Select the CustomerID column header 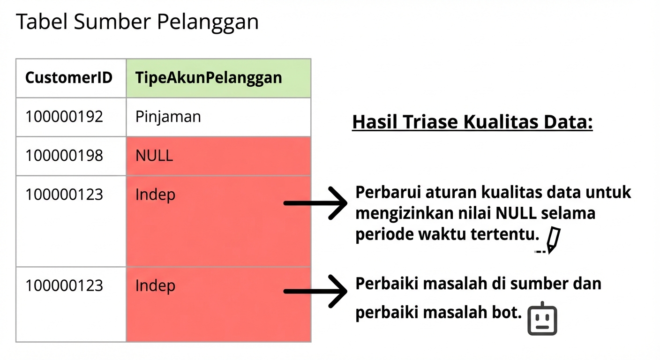coord(69,78)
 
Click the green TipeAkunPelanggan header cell coord(209,78)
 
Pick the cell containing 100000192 coord(64,117)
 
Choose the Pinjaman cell coord(168,117)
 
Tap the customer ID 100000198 coord(64,156)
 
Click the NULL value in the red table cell coord(154,156)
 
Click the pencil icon coord(553,240)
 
